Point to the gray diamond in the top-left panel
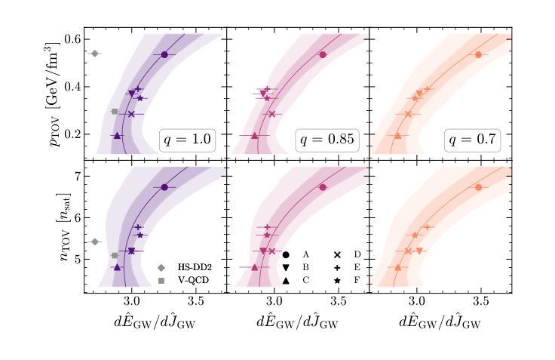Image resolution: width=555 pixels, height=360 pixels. point(95,53)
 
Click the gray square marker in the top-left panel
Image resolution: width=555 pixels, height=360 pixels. point(115,112)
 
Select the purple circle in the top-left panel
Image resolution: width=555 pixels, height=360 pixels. point(164,54)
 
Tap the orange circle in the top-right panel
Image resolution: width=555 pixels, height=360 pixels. point(478,54)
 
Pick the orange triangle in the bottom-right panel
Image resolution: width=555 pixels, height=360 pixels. point(397,267)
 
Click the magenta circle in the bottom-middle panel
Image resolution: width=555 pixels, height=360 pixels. point(323,187)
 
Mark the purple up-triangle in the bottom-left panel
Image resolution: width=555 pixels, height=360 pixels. point(117,267)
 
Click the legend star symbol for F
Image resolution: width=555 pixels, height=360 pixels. point(336,281)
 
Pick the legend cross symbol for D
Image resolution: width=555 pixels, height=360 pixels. point(336,255)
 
